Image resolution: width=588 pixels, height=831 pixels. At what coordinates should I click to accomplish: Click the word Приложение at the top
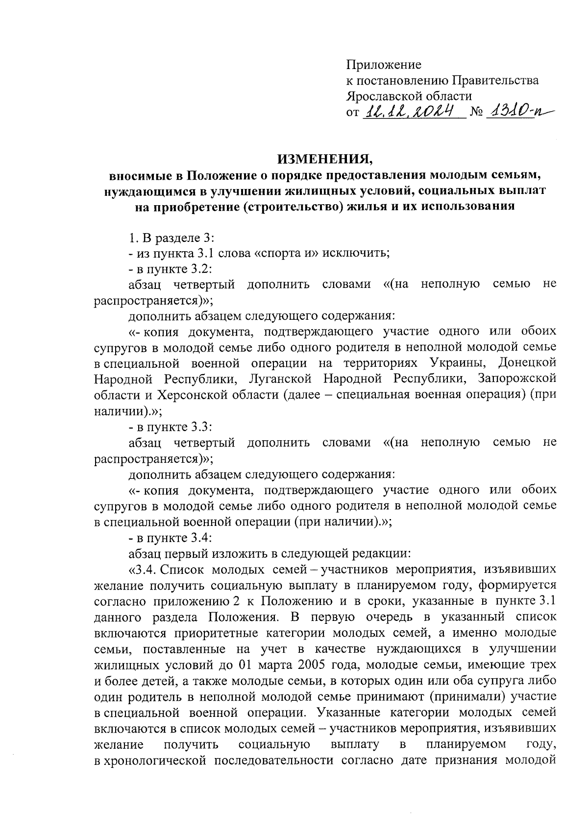[x=384, y=64]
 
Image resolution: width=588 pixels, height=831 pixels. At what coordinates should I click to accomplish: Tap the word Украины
[x=456, y=363]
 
